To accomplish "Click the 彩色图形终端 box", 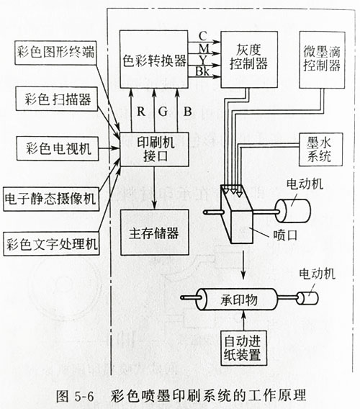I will pyautogui.click(x=55, y=53).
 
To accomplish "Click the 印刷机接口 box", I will pyautogui.click(x=154, y=149).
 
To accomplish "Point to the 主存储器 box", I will pyautogui.click(x=154, y=234).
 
